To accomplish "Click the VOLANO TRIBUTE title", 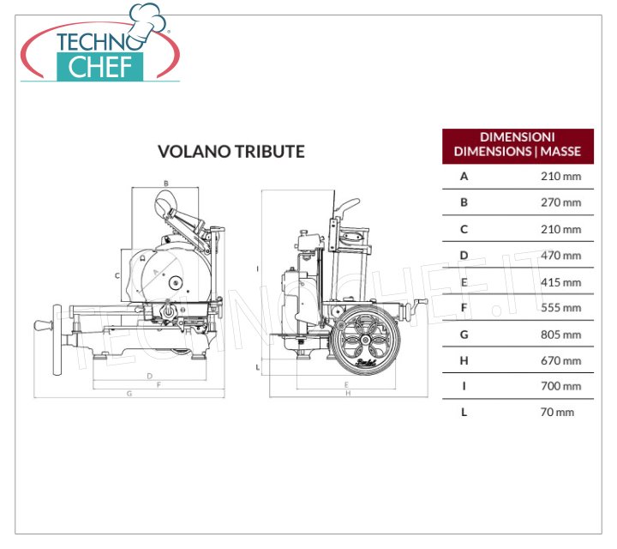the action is point(231,152).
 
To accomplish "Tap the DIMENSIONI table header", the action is point(518,144).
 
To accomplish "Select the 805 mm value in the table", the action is point(560,335).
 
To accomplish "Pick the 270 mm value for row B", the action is point(560,202).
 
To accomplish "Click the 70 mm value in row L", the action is point(557,413).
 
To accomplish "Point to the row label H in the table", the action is point(464,361).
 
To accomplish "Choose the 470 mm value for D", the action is point(560,256).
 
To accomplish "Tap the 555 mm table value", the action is point(560,308).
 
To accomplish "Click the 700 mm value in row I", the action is point(560,386).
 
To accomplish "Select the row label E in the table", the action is point(464,282).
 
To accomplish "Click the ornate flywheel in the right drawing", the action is point(365,340).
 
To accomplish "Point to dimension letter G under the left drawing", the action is point(129,393).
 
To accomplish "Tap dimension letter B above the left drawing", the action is point(166,183).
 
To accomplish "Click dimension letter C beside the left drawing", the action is point(117,275).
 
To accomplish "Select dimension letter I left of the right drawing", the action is point(258,269).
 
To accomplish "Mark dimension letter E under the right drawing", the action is point(346,384).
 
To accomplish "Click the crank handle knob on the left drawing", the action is point(44,325).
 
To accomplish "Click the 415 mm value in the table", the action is point(560,282).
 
